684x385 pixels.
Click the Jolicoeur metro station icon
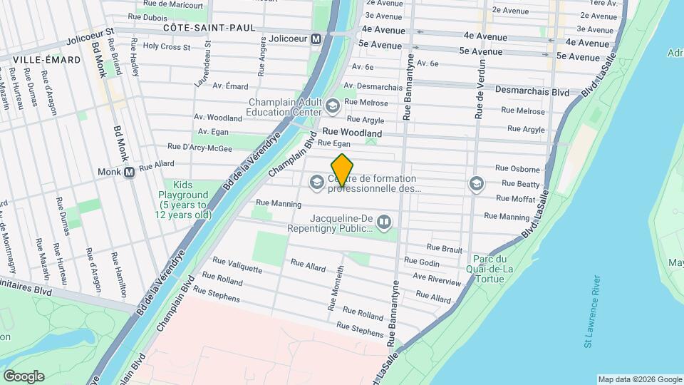[x=316, y=38]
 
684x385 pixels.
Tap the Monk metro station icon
[x=129, y=172]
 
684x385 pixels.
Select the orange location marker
[x=342, y=170]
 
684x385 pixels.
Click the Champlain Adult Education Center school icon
[x=332, y=107]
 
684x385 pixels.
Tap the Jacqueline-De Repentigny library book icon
[x=384, y=223]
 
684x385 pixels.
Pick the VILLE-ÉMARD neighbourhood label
[x=33, y=59]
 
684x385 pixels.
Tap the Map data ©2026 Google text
[x=639, y=379]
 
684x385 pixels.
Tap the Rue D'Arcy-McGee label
[x=199, y=147]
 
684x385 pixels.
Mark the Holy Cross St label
[x=166, y=47]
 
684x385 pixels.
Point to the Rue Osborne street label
[x=519, y=168]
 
